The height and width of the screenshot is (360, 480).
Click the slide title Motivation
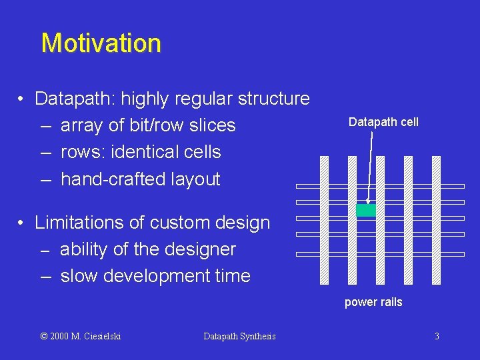[101, 43]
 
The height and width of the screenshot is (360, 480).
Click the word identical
[142, 152]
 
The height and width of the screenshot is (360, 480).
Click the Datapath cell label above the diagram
[383, 122]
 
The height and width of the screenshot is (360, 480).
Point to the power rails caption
[373, 302]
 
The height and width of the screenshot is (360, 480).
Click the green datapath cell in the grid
[366, 211]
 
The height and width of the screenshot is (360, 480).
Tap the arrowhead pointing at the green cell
[368, 201]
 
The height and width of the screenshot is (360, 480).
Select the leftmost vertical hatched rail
[324, 220]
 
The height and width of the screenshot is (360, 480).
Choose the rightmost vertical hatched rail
[436, 220]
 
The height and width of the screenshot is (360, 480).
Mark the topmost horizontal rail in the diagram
[380, 186]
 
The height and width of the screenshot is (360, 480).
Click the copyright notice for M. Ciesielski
[81, 336]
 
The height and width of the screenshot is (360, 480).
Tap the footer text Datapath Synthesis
[239, 336]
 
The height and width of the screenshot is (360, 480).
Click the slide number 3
[437, 336]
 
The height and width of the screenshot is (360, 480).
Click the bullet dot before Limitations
[22, 223]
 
